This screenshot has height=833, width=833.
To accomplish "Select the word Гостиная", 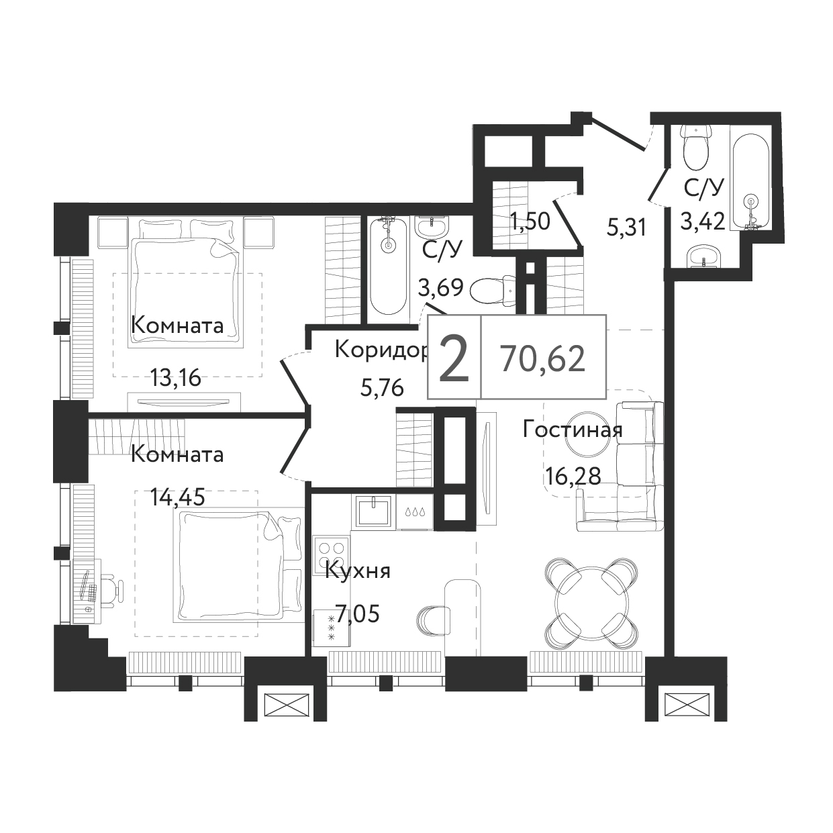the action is [x=573, y=430].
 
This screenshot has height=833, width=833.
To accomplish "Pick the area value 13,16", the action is [x=176, y=379].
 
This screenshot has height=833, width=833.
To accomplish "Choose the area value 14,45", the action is [x=177, y=497].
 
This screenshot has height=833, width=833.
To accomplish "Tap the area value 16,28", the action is [x=573, y=477].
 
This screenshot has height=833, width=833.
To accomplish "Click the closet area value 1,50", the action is [x=530, y=222].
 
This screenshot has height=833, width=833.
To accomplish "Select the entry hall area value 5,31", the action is [x=626, y=228].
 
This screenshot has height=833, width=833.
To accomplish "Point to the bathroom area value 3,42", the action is [x=703, y=223].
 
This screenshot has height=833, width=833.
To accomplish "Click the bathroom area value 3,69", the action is [x=441, y=287].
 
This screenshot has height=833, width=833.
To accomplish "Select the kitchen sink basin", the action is [x=375, y=512].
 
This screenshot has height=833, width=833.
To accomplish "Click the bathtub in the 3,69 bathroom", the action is [x=389, y=266].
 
